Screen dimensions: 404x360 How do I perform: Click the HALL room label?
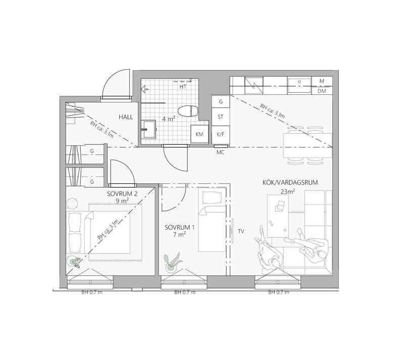tap(126, 117)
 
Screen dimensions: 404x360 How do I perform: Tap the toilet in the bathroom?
tap(188, 111)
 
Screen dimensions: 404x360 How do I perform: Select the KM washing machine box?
tap(199, 134)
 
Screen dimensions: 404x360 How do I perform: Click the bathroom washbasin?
tap(148, 129)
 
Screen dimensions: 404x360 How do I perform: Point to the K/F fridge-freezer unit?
tap(221, 134)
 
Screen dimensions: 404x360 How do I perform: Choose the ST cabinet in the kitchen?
tap(221, 117)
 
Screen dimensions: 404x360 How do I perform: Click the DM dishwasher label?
tap(322, 91)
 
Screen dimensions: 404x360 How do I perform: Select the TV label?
tap(241, 231)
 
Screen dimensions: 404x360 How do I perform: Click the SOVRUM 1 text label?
tap(180, 228)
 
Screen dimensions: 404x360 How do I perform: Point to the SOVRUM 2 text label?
tap(122, 194)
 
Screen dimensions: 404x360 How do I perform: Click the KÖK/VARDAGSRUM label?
tap(290, 182)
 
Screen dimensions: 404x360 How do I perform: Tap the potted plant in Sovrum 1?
tap(172, 263)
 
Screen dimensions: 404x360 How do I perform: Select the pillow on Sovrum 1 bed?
tap(212, 197)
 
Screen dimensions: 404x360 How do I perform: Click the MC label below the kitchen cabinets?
tap(220, 152)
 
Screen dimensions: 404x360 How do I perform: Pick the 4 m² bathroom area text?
tap(169, 119)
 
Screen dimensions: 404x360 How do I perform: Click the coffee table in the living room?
tap(278, 216)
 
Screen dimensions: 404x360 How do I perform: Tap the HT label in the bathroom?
tap(183, 87)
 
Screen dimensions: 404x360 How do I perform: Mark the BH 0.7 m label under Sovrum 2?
tap(92, 292)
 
